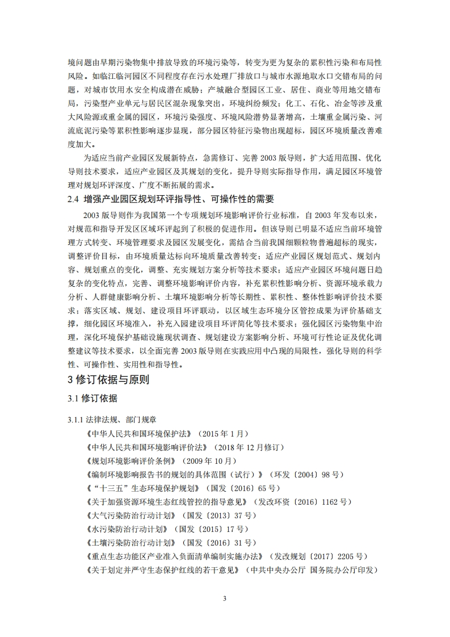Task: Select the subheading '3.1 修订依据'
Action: [x=92, y=399]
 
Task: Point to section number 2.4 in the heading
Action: [x=74, y=199]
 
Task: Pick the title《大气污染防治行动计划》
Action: [x=129, y=516]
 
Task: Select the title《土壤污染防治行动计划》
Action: [x=129, y=543]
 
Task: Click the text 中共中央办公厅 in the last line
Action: [x=280, y=571]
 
